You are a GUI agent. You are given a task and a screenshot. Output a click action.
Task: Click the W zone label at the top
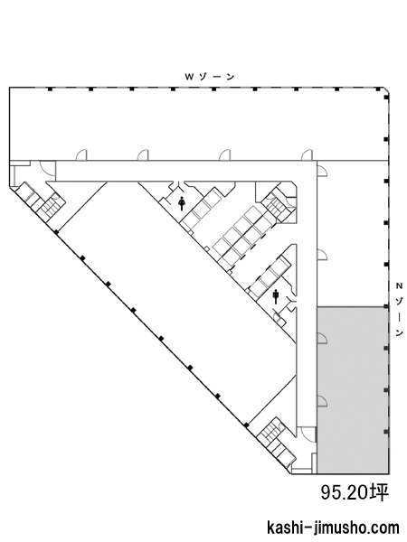(x=210, y=77)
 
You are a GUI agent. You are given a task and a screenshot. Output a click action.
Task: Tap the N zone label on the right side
(x=400, y=309)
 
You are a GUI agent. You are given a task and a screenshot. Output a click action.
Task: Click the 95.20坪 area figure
(x=355, y=492)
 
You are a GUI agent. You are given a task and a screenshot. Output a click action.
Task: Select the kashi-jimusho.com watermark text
(x=333, y=528)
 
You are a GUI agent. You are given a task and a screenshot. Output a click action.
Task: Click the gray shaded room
(x=353, y=389)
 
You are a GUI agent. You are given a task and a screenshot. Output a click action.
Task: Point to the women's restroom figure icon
(x=182, y=203)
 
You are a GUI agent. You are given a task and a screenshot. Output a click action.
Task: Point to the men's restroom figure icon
(x=276, y=296)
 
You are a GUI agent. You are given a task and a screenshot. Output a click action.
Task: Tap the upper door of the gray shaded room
(x=322, y=338)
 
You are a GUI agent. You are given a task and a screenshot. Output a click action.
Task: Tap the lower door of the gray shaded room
(x=322, y=400)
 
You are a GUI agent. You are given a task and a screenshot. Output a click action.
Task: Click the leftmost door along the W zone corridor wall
(x=81, y=155)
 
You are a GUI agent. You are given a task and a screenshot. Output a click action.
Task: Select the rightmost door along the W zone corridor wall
(x=307, y=155)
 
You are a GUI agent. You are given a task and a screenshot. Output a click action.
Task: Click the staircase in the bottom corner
(x=271, y=432)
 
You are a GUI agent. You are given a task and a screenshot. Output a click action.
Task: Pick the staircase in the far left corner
(x=52, y=205)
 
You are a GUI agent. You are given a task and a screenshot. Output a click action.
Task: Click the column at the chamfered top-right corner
(x=386, y=98)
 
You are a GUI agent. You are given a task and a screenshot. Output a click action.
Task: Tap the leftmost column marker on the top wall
(x=50, y=89)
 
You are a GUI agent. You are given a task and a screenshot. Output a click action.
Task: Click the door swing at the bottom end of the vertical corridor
(x=308, y=435)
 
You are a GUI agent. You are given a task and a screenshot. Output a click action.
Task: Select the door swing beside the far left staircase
(x=47, y=169)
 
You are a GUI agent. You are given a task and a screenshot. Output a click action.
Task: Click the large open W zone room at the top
(x=198, y=124)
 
